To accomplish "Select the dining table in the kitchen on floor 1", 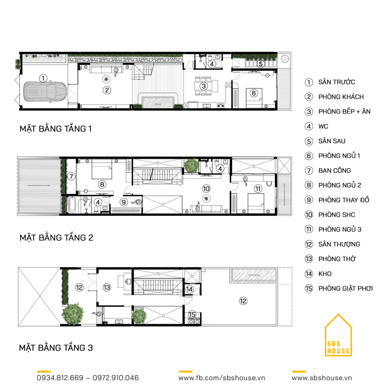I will point(204,86).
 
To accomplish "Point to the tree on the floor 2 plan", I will point(191,165).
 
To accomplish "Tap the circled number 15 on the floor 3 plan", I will point(192,314).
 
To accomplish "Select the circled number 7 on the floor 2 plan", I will point(71,176).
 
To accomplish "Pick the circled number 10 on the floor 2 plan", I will point(206,189).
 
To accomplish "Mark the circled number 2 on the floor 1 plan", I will point(107,90).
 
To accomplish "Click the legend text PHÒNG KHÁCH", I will point(341,97).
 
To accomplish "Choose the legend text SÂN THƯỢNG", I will point(339,244).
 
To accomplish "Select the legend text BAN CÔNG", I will point(334,171).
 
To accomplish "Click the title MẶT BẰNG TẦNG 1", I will point(56,129).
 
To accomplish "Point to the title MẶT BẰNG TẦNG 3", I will point(56,348).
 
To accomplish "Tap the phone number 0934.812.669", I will point(60,378).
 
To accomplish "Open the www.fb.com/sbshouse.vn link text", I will point(222,378).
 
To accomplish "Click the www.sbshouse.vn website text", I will point(322,378).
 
